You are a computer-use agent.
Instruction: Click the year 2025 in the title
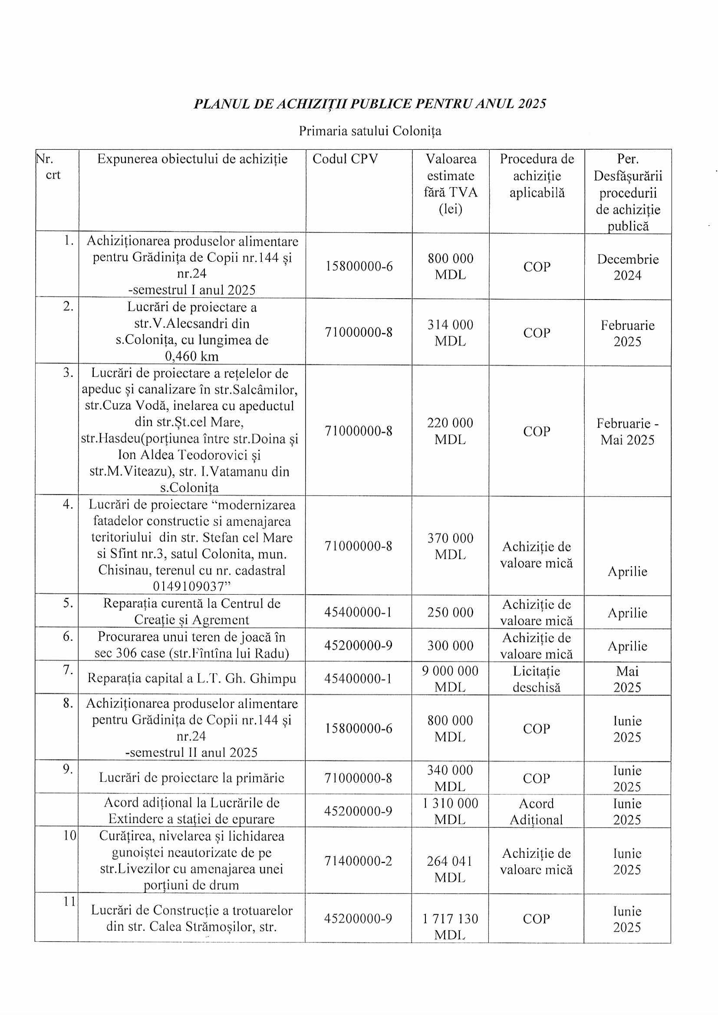pyautogui.click(x=532, y=103)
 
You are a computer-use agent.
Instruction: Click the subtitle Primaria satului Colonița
pyautogui.click(x=369, y=131)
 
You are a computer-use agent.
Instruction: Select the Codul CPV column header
pyautogui.click(x=345, y=159)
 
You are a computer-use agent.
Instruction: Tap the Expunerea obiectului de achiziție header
pyautogui.click(x=192, y=159)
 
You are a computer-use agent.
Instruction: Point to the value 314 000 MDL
pyautogui.click(x=450, y=333)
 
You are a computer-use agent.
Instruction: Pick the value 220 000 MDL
pyautogui.click(x=450, y=431)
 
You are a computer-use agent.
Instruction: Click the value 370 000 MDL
pyautogui.click(x=450, y=547)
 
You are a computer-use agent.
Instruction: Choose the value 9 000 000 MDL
pyautogui.click(x=450, y=679)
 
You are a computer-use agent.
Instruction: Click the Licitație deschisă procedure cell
pyautogui.click(x=536, y=679)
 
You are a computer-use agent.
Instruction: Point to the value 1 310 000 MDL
pyautogui.click(x=450, y=812)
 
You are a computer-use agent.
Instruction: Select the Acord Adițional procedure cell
pyautogui.click(x=536, y=812)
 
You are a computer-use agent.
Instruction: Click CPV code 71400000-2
pyautogui.click(x=358, y=861)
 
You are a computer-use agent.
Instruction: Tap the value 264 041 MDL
pyautogui.click(x=450, y=869)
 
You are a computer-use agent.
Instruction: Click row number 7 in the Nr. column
pyautogui.click(x=68, y=670)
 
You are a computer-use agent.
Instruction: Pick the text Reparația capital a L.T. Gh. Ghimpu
pyautogui.click(x=191, y=679)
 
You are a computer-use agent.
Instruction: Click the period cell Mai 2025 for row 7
pyautogui.click(x=627, y=679)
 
